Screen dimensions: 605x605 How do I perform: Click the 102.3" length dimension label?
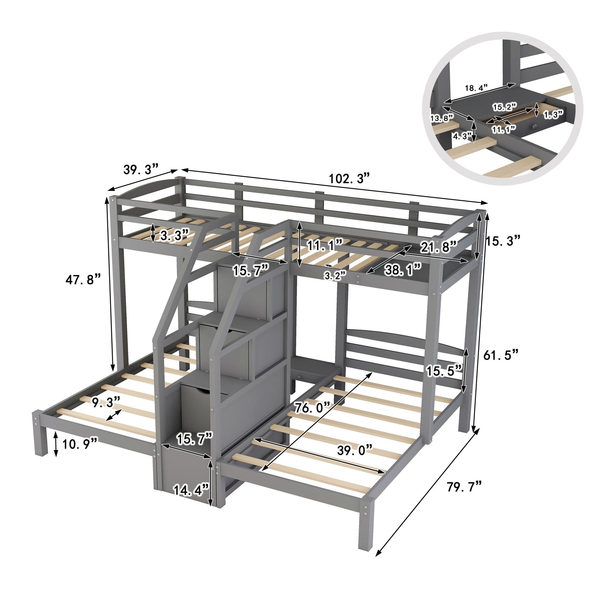coord(349,179)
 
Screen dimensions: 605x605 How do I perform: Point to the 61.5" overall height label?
coord(501,355)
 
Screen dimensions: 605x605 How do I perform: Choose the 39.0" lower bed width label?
coord(355,450)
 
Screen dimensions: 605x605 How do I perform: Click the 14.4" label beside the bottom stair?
coord(191,490)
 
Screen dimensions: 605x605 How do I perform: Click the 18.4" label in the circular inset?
coord(476,87)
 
